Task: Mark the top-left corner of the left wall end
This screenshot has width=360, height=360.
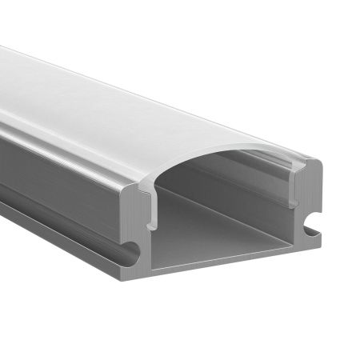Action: (x=128, y=190)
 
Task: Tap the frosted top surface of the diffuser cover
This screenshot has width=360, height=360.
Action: (x=120, y=104)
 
